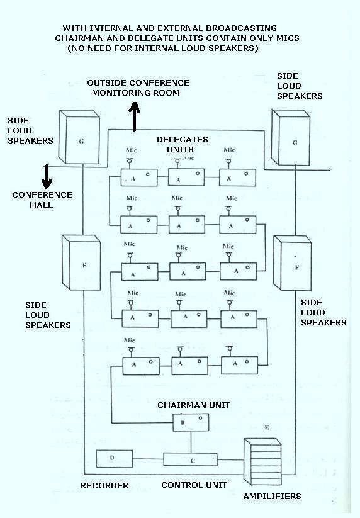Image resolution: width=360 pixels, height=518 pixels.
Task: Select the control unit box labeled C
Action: coord(190,459)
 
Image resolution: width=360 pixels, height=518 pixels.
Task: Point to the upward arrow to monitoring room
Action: coord(133,118)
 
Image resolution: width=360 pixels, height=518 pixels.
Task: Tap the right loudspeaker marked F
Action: coord(295,264)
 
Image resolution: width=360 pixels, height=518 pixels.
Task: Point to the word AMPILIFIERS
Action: coord(272,497)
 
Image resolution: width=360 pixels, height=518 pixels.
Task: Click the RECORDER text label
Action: coord(104,486)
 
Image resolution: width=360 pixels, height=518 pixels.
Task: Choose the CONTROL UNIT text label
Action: coord(194,485)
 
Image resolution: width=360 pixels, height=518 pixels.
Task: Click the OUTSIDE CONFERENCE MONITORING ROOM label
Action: coord(138,87)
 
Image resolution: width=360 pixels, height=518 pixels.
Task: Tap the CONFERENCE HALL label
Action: coord(42,200)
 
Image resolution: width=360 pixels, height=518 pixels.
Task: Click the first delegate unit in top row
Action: coord(138,178)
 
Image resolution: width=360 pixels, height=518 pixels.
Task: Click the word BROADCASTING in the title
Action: coord(241,29)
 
